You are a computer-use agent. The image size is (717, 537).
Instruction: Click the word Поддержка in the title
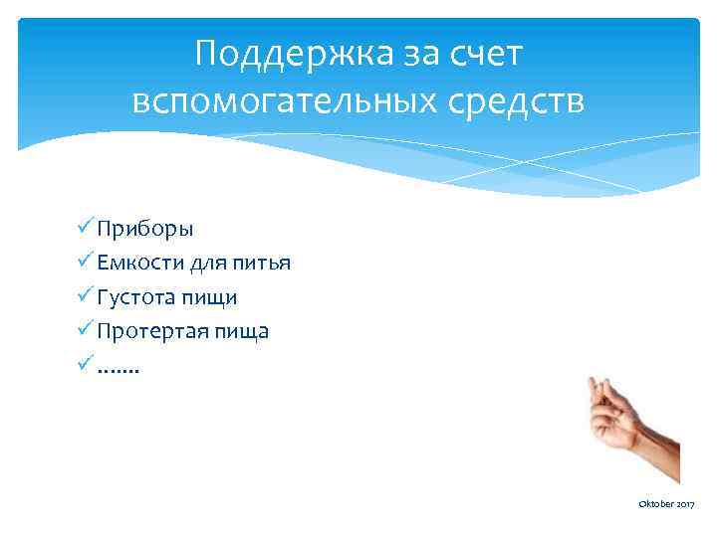[x=283, y=56]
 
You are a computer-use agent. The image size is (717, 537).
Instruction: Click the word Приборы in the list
[x=145, y=229]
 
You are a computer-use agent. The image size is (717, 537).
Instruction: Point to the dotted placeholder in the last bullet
[x=119, y=368]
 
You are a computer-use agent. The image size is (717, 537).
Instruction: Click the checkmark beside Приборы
[x=85, y=228]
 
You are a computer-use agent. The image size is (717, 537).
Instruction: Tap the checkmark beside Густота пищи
[x=85, y=296]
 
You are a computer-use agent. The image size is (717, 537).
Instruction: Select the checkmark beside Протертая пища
[x=85, y=330]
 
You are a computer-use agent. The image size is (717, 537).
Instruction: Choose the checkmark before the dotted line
[x=85, y=364]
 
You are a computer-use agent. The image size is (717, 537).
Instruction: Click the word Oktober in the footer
[x=654, y=506]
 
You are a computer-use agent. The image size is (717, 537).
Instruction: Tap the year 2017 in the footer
[x=686, y=506]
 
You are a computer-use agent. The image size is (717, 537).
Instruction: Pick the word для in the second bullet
[x=214, y=263]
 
